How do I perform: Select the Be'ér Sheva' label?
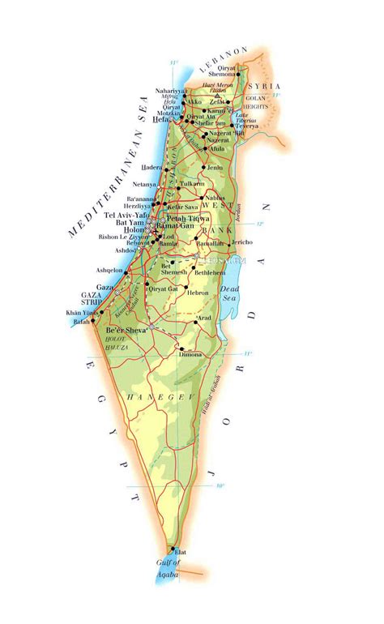(126, 330)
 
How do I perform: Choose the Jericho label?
(242, 241)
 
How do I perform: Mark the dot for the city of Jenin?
(203, 168)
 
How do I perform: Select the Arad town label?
(205, 318)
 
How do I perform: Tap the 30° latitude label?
(219, 486)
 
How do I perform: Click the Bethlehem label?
(210, 273)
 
